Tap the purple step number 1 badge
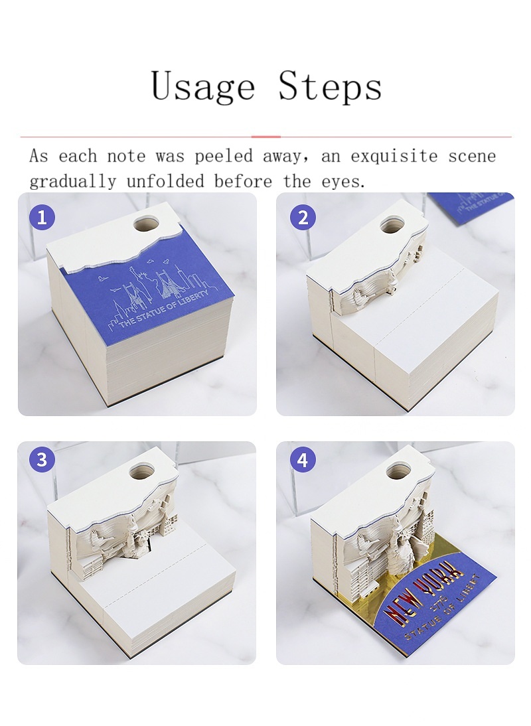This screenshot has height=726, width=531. click(x=42, y=217)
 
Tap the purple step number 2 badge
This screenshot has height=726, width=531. click(x=303, y=217)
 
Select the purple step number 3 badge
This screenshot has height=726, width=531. click(x=42, y=460)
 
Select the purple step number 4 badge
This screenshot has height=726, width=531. click(x=303, y=460)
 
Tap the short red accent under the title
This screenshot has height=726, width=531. click(x=265, y=137)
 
